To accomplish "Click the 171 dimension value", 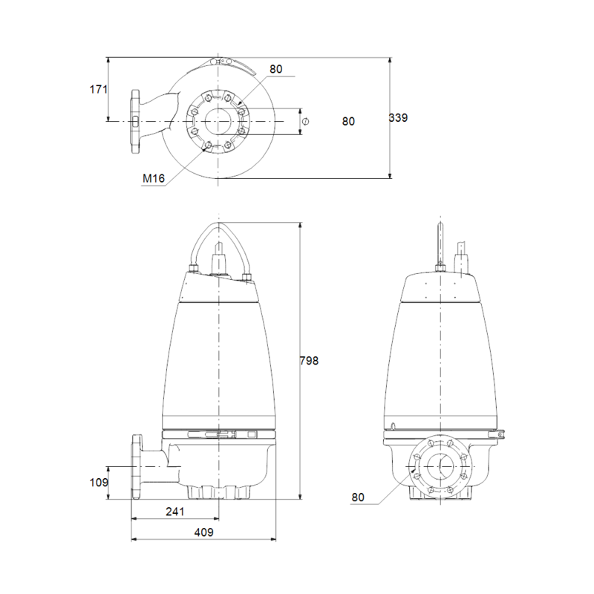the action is (x=99, y=89).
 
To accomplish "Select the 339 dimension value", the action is (x=398, y=118).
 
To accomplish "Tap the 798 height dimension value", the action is (x=309, y=361).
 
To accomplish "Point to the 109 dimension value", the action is (x=99, y=482).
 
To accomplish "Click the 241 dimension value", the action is (x=175, y=512).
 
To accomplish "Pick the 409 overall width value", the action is (x=203, y=532).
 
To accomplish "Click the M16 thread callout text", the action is (x=154, y=178).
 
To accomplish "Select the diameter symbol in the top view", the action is (x=306, y=122).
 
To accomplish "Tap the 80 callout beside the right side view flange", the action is (x=358, y=497).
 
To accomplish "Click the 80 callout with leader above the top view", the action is (x=276, y=69).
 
